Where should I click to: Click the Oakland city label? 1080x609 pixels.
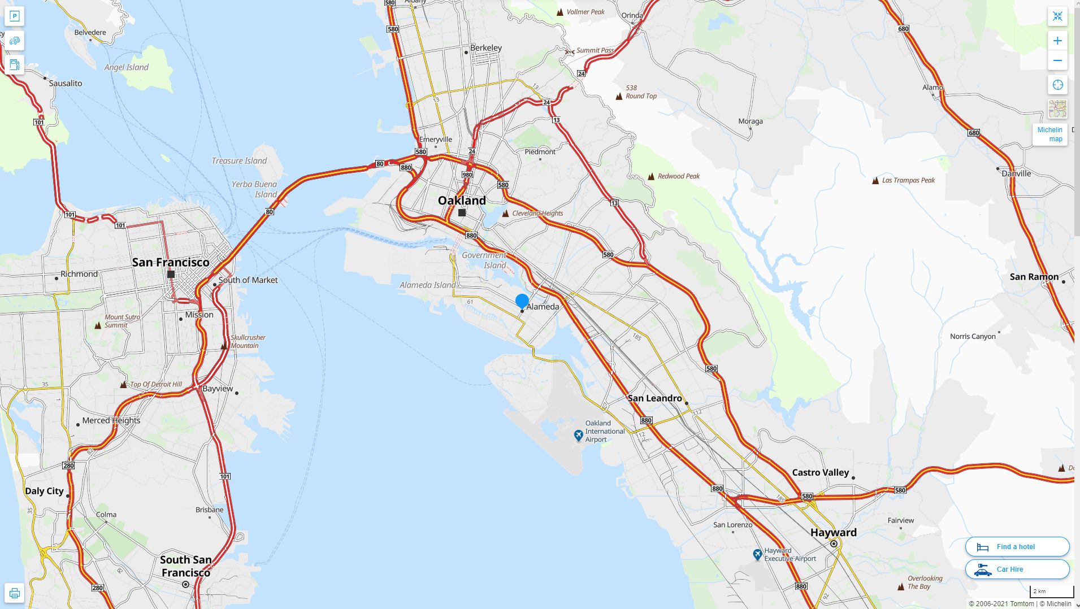462,201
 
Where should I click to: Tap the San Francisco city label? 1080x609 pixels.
171,262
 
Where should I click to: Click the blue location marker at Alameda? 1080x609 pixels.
522,301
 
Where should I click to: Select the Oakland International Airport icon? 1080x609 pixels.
578,435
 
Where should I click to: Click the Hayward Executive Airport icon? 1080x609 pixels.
757,555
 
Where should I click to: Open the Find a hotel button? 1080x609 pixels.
1017,547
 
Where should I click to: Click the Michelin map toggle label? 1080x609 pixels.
1049,134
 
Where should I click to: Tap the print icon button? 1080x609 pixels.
15,593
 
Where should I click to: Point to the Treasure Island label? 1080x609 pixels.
239,161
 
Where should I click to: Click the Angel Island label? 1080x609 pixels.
127,67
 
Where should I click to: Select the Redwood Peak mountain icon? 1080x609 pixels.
652,176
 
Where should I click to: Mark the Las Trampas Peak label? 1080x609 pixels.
908,180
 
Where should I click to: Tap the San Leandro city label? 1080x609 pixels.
654,398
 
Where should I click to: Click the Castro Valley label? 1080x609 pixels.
820,472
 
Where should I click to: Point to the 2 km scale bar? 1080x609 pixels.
1051,591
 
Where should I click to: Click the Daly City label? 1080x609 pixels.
44,491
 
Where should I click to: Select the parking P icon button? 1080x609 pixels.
15,16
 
